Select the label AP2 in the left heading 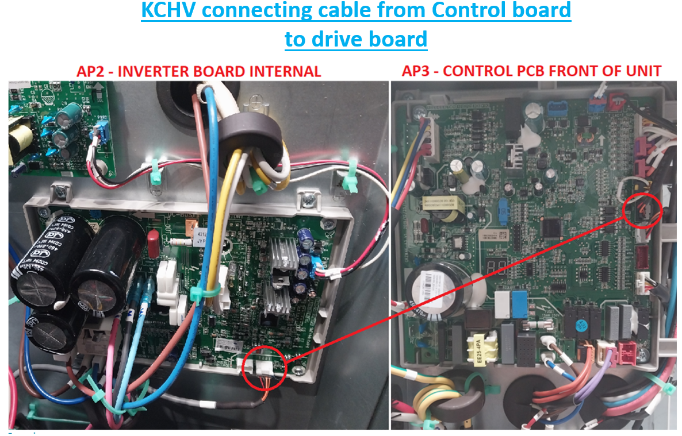pos(93,72)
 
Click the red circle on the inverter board pos(264,368)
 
